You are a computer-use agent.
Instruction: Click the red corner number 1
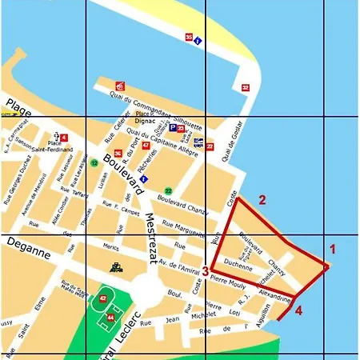click(x=333, y=248)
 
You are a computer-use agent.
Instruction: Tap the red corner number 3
click(x=206, y=271)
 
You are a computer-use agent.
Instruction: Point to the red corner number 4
click(x=298, y=310)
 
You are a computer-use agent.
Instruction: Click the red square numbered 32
click(x=246, y=87)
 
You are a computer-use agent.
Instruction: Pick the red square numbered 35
click(x=189, y=38)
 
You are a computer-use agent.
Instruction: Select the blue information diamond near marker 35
click(x=198, y=41)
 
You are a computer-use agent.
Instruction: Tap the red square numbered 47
click(x=145, y=146)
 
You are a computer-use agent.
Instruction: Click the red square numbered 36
click(x=118, y=154)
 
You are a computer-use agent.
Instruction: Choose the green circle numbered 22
click(x=168, y=190)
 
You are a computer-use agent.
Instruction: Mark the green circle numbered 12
click(x=94, y=163)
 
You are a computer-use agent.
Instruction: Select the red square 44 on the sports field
click(x=110, y=318)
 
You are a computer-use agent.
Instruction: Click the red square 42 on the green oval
click(x=102, y=299)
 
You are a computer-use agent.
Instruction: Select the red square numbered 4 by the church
click(x=64, y=138)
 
